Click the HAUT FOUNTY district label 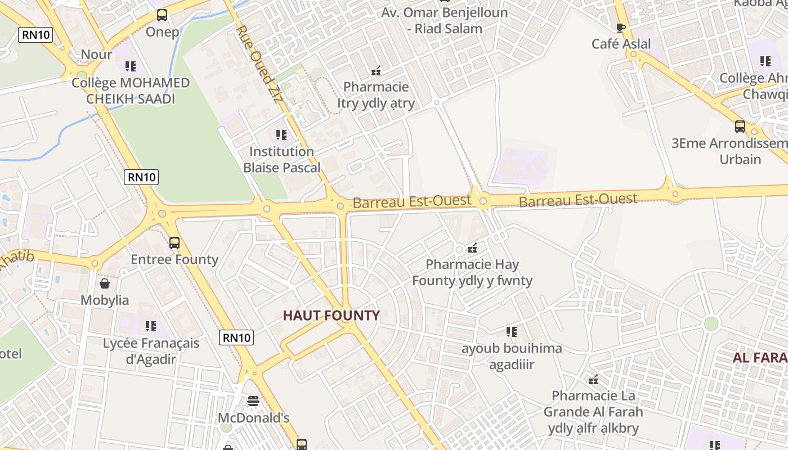[331, 316]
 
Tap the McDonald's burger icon [253, 401]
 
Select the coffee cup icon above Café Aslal [621, 28]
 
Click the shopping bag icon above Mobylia [105, 283]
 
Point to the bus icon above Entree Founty [174, 243]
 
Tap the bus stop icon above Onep [162, 15]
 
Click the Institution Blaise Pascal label [281, 159]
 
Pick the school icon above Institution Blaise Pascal [281, 135]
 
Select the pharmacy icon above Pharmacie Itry [376, 71]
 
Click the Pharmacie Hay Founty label [472, 272]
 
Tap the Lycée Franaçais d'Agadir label [151, 351]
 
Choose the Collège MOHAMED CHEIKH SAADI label [131, 91]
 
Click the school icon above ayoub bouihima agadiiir [511, 332]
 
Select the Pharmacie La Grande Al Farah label [593, 412]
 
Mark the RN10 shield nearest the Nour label [35, 35]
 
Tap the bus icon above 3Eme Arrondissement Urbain [740, 127]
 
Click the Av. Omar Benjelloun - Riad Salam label [445, 20]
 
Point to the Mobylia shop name [105, 300]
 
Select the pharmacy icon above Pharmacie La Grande [593, 380]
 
